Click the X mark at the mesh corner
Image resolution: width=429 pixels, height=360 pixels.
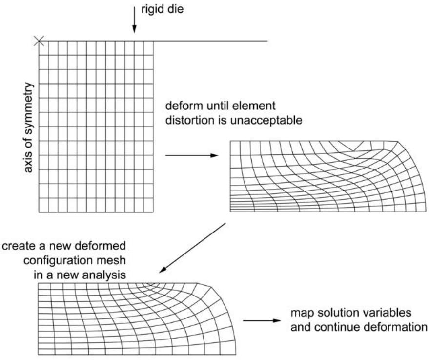click(x=39, y=42)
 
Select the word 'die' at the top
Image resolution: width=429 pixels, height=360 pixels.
click(x=177, y=9)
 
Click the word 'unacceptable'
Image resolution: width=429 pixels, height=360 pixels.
click(x=266, y=121)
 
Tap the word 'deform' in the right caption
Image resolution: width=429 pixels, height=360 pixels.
click(x=184, y=106)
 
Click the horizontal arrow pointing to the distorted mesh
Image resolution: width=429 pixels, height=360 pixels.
click(x=192, y=155)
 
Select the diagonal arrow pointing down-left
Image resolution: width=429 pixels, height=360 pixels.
click(x=192, y=248)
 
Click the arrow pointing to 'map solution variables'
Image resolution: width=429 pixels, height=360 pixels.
click(x=262, y=320)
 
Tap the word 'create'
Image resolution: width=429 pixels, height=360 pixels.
click(x=19, y=246)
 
